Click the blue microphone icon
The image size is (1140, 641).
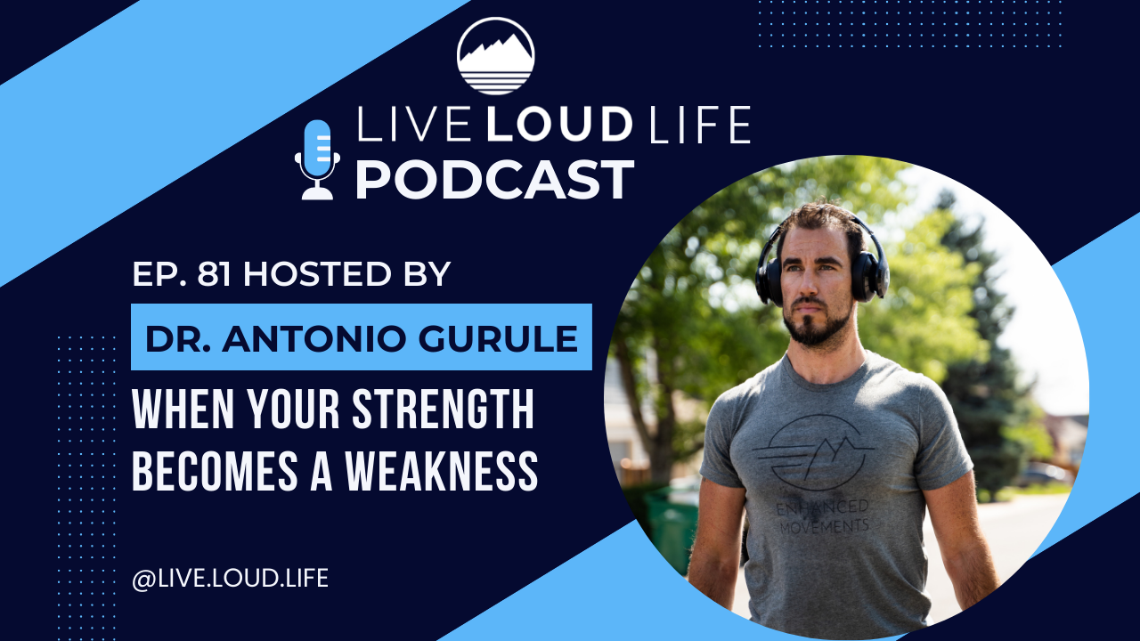pyautogui.click(x=318, y=159)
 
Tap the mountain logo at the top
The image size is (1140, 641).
pyautogui.click(x=496, y=56)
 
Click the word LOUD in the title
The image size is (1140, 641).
pyautogui.click(x=559, y=124)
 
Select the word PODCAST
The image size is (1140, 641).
pyautogui.click(x=494, y=180)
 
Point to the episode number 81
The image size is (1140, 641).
pyautogui.click(x=215, y=274)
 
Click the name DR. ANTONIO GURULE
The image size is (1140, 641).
pyautogui.click(x=362, y=338)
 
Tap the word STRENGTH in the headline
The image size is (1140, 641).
pyautogui.click(x=443, y=410)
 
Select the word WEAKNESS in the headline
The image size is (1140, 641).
pyautogui.click(x=442, y=471)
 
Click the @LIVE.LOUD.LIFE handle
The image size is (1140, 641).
pyautogui.click(x=230, y=579)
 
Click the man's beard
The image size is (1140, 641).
pyautogui.click(x=816, y=326)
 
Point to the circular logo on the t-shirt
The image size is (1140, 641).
pyautogui.click(x=814, y=452)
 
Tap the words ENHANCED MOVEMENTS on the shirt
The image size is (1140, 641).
pyautogui.click(x=824, y=516)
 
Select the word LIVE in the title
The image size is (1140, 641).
pyautogui.click(x=412, y=124)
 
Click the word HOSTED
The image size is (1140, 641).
pyautogui.click(x=317, y=274)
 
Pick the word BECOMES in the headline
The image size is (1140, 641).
pyautogui.click(x=215, y=471)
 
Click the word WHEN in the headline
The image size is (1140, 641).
pyautogui.click(x=183, y=410)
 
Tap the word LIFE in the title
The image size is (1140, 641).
pyautogui.click(x=701, y=124)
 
